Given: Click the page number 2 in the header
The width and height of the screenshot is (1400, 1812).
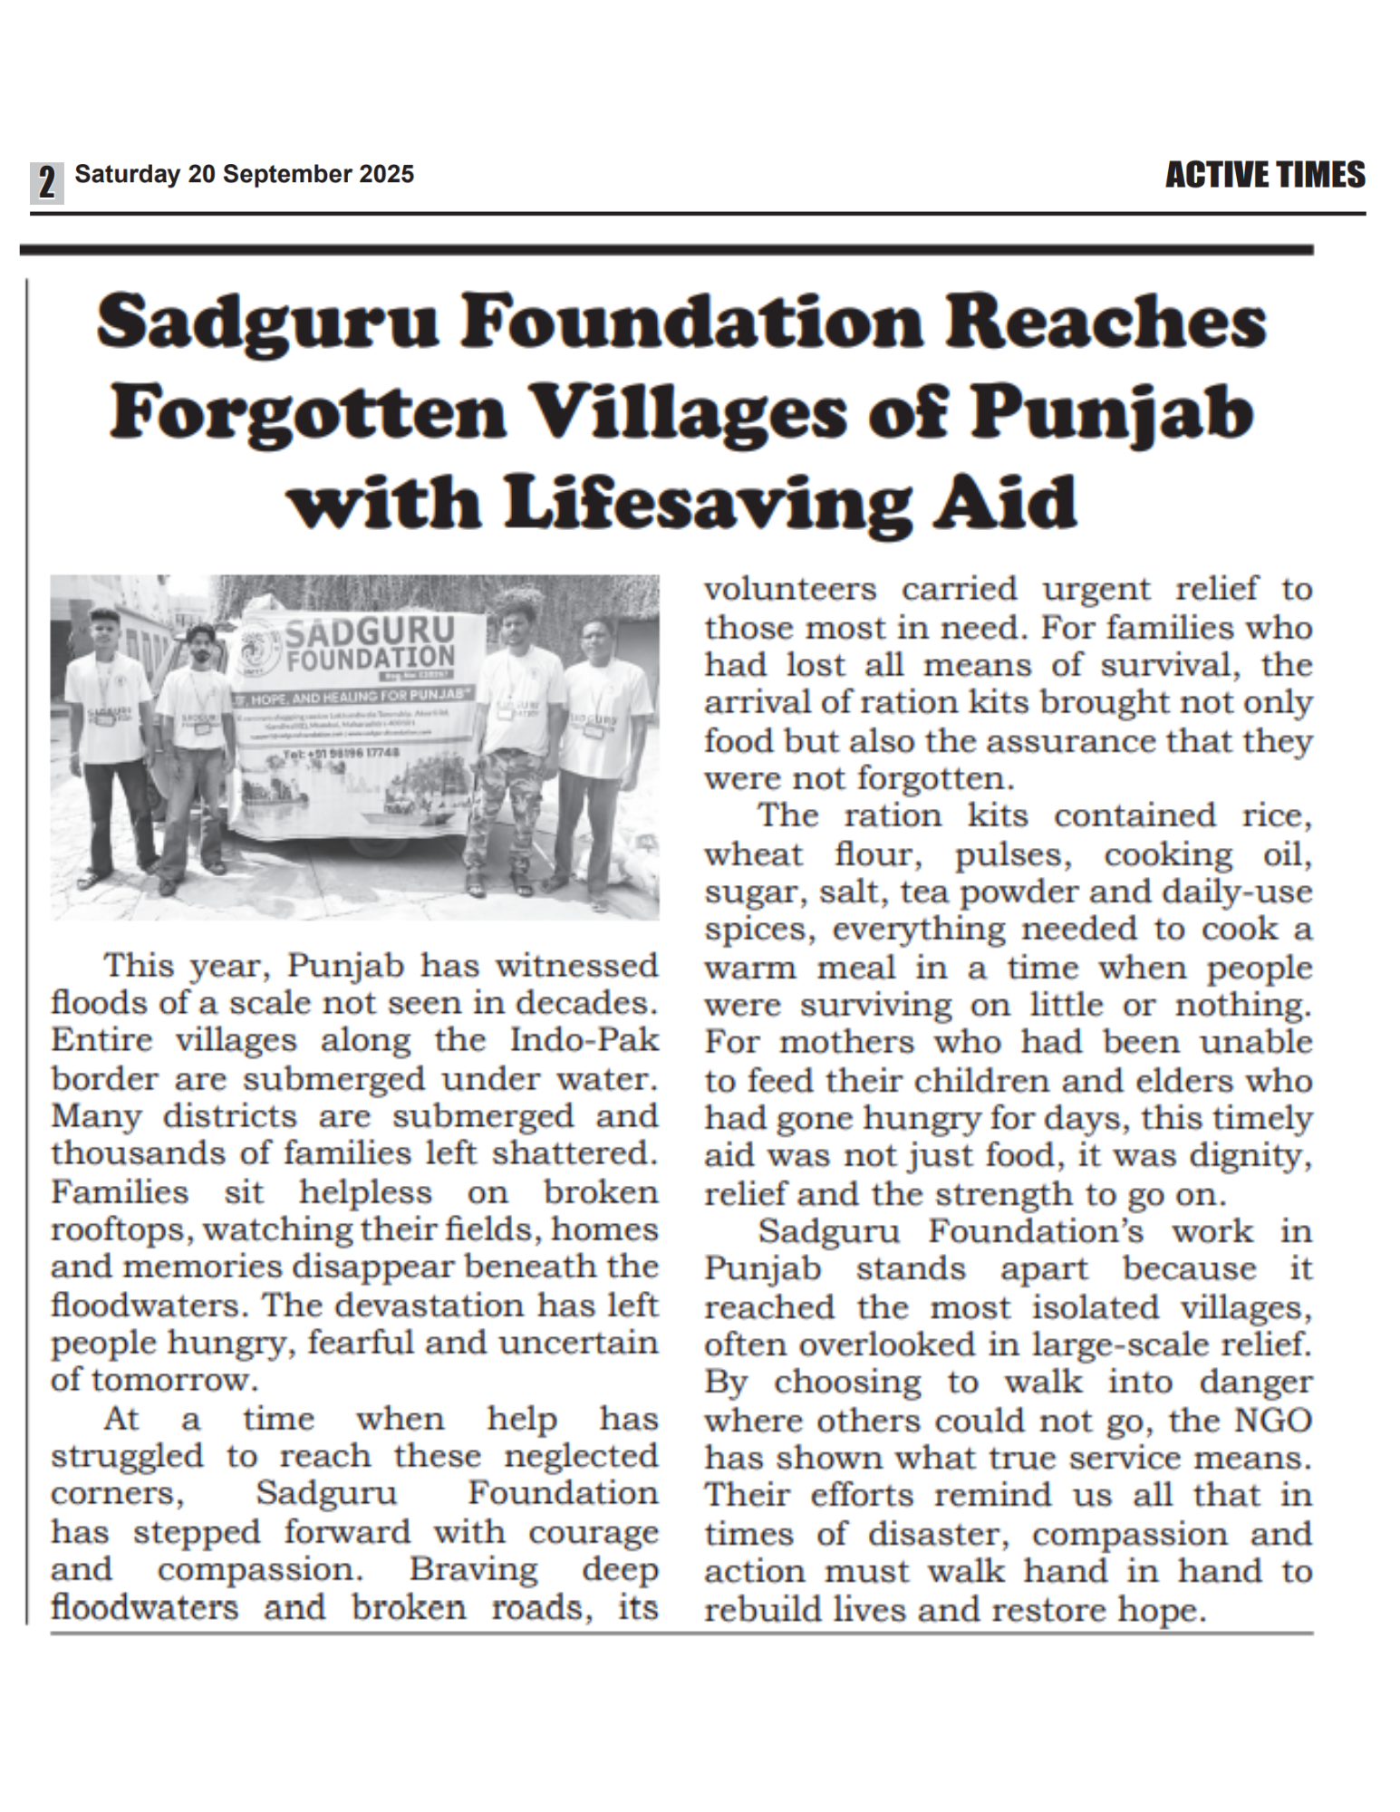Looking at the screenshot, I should (47, 182).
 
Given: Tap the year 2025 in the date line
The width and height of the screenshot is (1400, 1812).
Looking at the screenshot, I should (386, 174).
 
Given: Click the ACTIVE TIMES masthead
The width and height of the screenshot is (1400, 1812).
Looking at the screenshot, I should (1264, 175).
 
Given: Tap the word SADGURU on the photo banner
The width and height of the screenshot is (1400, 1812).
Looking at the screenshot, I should (369, 631).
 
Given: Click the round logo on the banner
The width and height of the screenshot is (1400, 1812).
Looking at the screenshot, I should (256, 651).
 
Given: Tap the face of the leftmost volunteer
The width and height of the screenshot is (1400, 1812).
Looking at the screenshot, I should (105, 628).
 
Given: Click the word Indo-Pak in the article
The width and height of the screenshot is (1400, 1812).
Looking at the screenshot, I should (584, 1040).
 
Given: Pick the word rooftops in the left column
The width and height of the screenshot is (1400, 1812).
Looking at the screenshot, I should (121, 1230).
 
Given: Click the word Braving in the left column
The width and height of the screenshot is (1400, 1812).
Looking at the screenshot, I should (473, 1568).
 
